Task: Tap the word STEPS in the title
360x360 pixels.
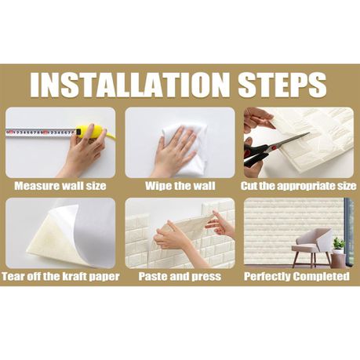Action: (282, 84)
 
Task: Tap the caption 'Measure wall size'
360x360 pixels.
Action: (60, 186)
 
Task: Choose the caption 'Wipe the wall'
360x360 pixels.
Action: (180, 186)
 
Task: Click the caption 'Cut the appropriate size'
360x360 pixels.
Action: (298, 186)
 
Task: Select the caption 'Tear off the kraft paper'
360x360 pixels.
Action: (60, 276)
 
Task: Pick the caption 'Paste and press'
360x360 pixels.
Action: (180, 276)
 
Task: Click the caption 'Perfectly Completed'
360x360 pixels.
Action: (296, 276)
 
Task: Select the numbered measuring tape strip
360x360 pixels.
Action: (41, 133)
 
